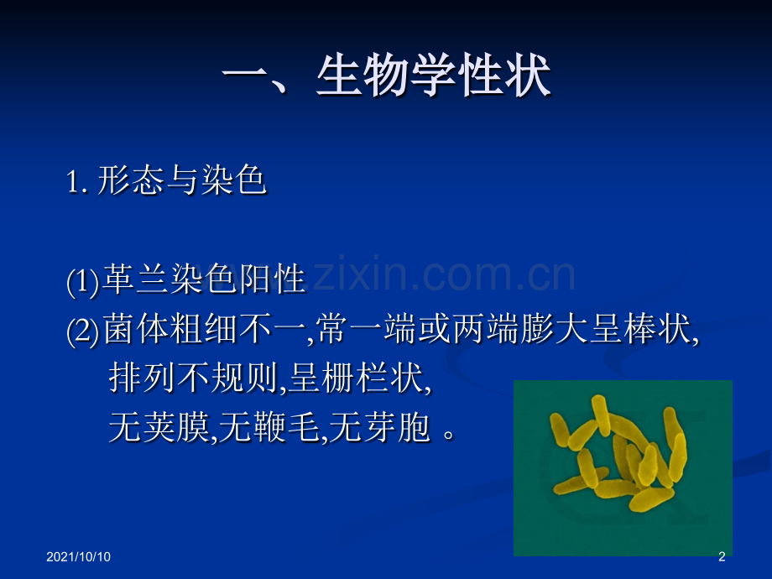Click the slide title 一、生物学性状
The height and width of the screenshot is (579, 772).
[x=387, y=76]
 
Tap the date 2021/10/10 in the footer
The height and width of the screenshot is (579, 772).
[x=78, y=557]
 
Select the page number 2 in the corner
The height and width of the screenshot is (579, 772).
[x=722, y=557]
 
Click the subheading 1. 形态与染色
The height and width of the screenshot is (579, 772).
[x=166, y=180]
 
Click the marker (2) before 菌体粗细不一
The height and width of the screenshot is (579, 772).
[x=83, y=331]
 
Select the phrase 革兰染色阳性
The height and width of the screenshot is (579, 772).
[x=204, y=279]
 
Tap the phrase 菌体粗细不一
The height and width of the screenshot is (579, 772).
[x=204, y=329]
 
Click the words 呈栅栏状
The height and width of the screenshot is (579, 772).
[x=356, y=378]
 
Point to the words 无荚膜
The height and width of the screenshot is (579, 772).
[x=159, y=427]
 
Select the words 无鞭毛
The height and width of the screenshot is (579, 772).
[x=269, y=427]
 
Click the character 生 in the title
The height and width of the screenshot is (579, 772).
[x=339, y=76]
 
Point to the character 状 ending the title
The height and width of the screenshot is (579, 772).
[x=528, y=76]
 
